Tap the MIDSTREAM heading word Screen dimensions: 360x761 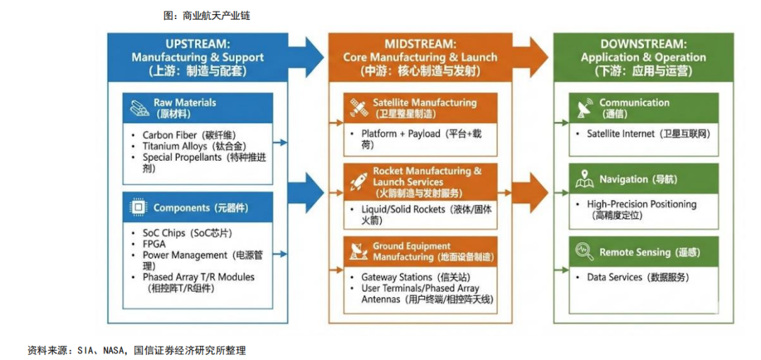point(420,44)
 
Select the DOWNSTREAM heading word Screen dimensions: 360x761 point(643,44)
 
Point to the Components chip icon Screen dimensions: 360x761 point(138,208)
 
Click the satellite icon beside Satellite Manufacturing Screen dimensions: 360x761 point(357,108)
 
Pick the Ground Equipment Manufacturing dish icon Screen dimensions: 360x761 point(357,252)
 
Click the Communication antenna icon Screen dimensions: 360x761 point(585,108)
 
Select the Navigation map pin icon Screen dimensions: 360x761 point(584,180)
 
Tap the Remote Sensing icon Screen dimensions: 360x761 point(584,252)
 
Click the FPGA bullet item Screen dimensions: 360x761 point(154,244)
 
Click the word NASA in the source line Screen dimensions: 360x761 point(115,350)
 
